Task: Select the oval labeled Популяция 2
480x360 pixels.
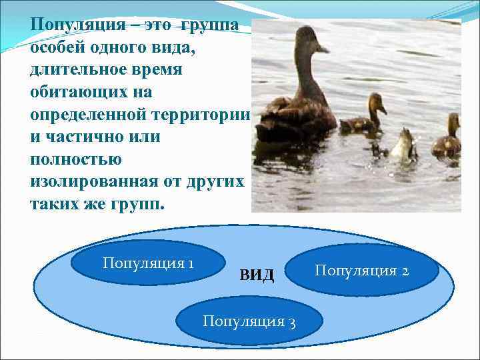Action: coord(366,271)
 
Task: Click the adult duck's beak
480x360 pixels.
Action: coord(323,49)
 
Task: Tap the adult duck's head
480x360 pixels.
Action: coord(308,41)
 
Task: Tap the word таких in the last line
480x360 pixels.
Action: coord(54,203)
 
